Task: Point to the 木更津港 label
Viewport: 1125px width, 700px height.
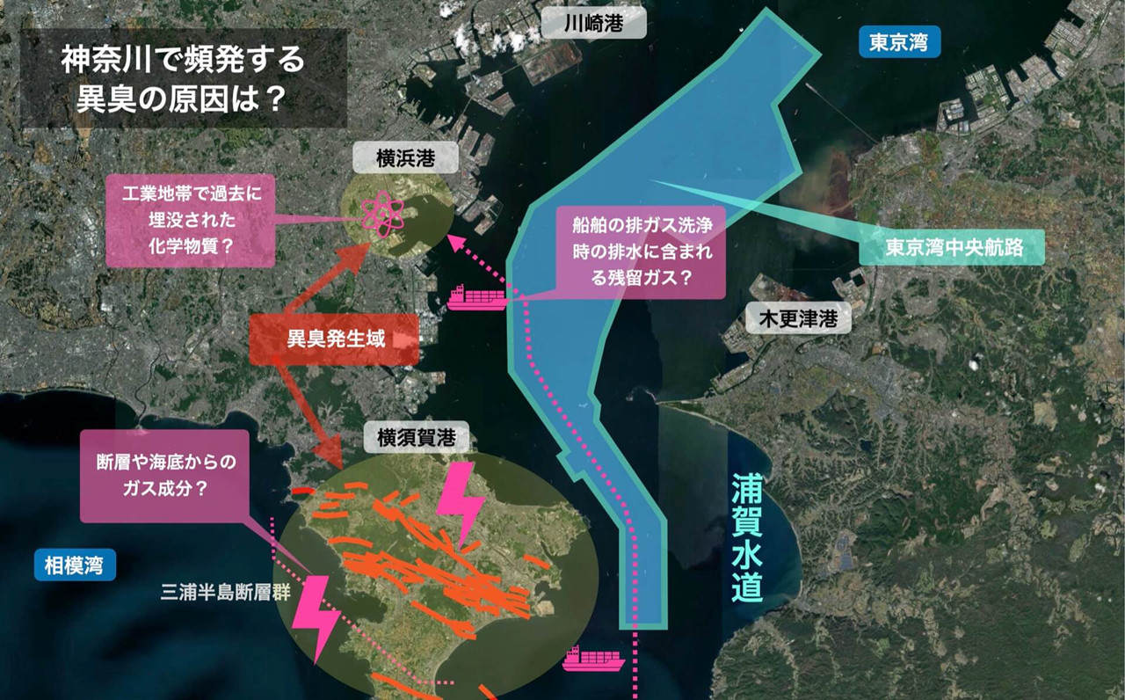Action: point(798,318)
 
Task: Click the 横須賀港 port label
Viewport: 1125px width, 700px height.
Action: point(411,436)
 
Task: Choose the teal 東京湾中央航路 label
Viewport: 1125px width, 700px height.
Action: point(954,248)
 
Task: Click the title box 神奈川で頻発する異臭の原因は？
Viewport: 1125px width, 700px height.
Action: point(183,77)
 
